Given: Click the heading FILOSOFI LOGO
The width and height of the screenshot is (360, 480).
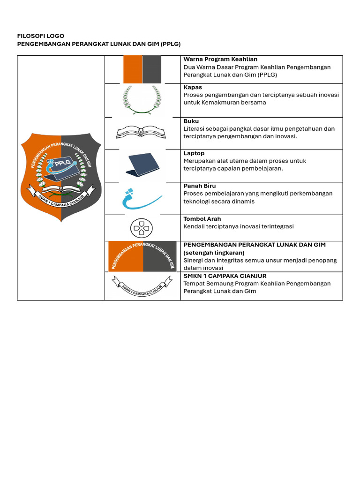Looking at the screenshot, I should [41, 36].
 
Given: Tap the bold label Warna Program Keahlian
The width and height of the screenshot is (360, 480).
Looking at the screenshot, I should [220, 60].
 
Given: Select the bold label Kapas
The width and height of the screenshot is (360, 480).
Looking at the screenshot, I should [193, 87].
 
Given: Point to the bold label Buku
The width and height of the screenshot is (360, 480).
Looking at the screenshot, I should [191, 121].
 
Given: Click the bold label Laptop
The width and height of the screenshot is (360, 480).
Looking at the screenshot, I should [194, 153].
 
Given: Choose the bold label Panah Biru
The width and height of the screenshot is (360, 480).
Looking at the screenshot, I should [200, 186].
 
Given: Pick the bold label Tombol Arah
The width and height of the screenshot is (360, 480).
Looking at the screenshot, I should [202, 219].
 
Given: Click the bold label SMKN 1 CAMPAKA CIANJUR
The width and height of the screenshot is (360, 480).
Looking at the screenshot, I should [225, 276].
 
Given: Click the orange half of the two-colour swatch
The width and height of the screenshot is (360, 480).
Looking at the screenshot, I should [133, 69].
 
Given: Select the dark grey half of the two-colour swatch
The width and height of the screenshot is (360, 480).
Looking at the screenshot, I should [152, 69].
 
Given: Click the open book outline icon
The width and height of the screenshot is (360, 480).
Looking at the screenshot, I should [141, 132].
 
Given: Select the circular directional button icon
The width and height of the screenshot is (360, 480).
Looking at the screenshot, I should [142, 228].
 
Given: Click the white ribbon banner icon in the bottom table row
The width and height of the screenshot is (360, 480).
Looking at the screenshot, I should [142, 286].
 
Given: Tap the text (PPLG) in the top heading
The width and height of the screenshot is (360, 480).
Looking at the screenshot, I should [170, 44].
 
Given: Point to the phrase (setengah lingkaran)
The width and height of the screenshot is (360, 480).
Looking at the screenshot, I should [214, 253].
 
